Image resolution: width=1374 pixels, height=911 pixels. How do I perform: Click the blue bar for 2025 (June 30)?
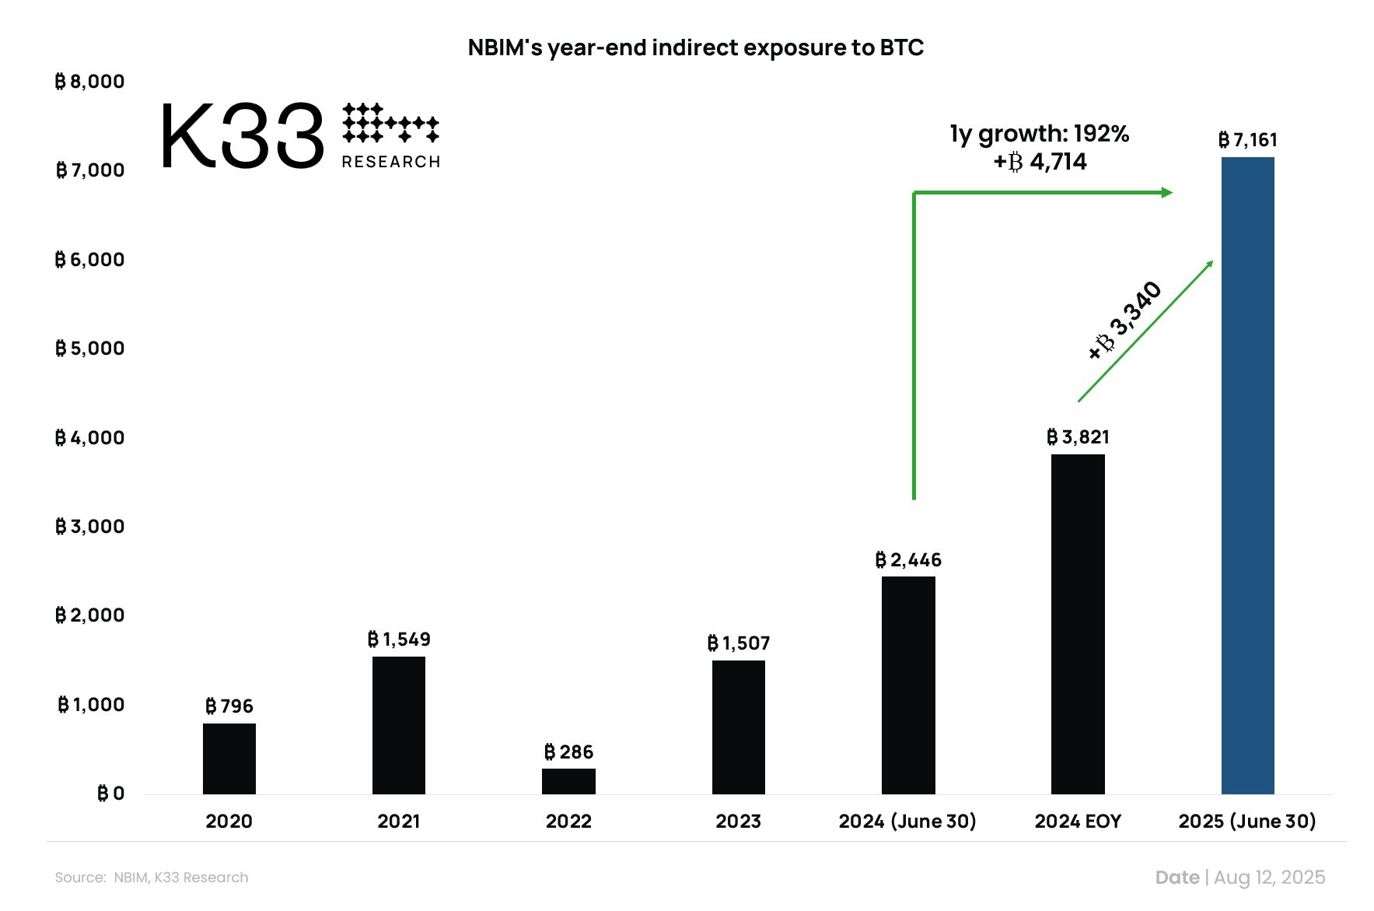1247,475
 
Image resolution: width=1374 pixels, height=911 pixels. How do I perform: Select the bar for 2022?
568,781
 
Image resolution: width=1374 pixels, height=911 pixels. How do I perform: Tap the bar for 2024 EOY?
1078,622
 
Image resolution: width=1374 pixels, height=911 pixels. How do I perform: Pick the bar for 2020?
229,759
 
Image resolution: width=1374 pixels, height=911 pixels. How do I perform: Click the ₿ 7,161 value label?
1247,140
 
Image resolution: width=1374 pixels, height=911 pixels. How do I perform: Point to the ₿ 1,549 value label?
399,639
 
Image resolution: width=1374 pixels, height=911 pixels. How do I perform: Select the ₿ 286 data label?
568,752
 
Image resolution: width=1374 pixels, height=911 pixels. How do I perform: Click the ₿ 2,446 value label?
908,560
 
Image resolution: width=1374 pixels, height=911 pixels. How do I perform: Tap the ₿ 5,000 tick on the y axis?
89,349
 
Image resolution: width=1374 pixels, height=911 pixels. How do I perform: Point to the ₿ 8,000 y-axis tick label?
89,82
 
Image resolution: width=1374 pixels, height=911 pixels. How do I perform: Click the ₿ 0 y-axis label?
110,794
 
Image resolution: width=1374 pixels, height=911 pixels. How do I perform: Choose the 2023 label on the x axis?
738,822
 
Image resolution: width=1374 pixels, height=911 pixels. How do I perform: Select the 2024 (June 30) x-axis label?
907,822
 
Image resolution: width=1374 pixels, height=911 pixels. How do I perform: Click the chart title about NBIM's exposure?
695,47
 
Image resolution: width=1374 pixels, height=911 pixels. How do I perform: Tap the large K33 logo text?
242,138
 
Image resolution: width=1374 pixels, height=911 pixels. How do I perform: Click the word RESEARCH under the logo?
391,162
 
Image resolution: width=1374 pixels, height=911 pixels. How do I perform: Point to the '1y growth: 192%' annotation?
1039,134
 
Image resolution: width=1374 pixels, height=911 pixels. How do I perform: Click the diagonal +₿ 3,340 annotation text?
1125,321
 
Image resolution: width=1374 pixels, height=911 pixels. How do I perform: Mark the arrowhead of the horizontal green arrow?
1167,192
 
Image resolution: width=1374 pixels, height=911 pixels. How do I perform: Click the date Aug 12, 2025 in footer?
1269,878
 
